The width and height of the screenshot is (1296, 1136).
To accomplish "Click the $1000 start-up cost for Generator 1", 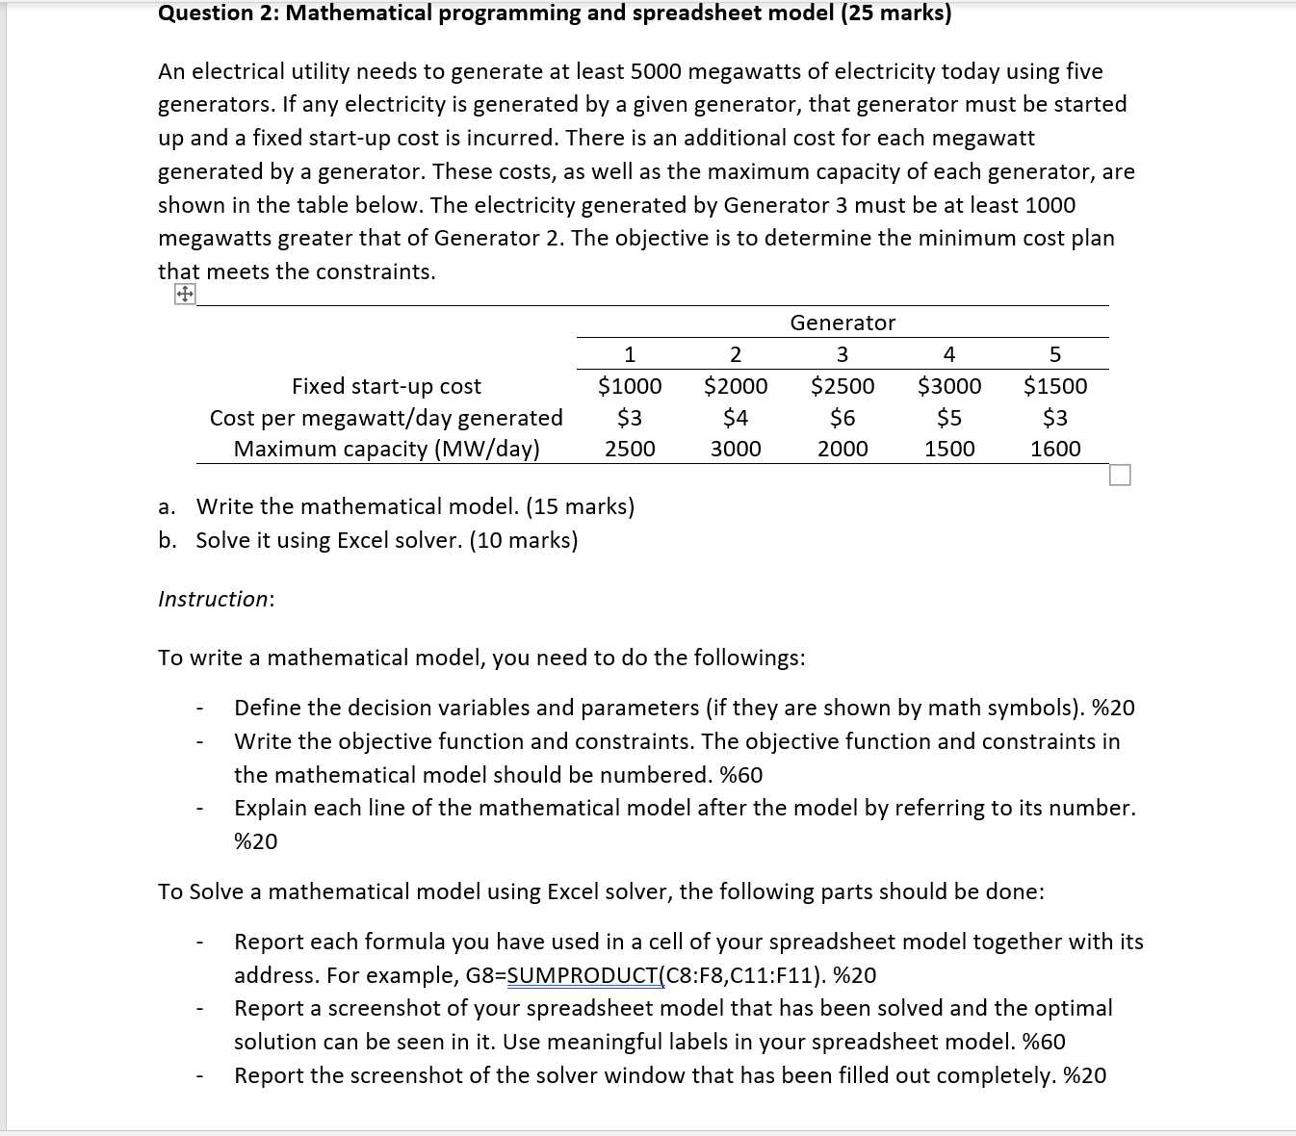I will point(630,386).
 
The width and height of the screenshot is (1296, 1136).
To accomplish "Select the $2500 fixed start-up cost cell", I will point(842,386).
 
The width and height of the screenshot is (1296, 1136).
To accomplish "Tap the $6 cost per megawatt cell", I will point(842,418).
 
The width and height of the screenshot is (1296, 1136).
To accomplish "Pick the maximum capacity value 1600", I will point(1055,449).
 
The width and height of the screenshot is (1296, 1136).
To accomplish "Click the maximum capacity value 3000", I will point(736,449).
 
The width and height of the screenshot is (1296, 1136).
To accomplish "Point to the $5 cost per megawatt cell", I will point(949,418).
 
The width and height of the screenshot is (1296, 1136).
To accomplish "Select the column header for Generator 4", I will point(949,354).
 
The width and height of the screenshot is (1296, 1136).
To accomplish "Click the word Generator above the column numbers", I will point(842,323).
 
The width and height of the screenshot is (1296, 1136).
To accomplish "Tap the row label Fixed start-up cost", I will point(386,386).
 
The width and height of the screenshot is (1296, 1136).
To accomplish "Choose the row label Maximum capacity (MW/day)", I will point(386,449).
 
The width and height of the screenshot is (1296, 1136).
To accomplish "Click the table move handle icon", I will point(185,294).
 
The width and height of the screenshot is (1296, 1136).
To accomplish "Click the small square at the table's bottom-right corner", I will point(1120,476).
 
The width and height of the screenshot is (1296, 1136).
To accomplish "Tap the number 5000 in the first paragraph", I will point(656,71).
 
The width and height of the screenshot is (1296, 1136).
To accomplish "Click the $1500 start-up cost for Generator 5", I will point(1055,386).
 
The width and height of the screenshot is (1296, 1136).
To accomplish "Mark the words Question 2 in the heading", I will point(215,13).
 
